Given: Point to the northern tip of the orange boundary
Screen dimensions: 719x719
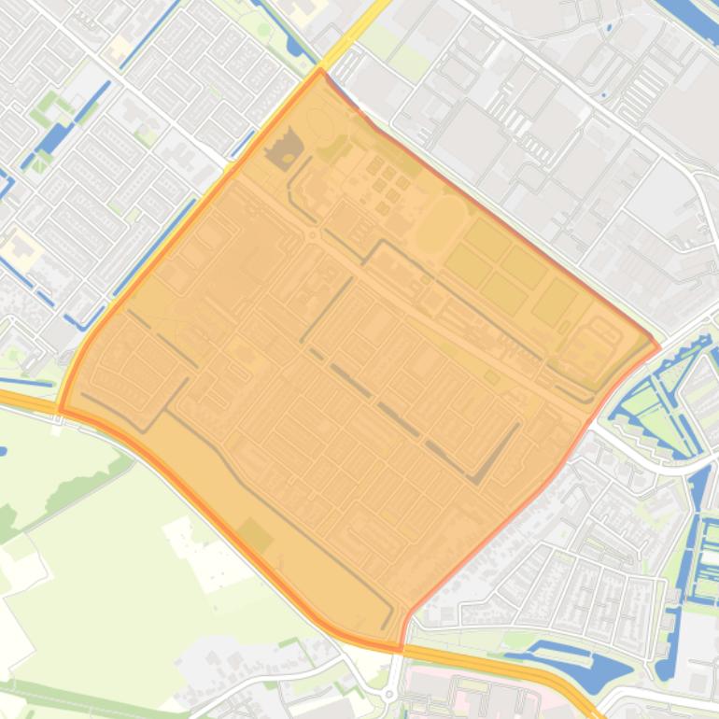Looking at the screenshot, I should pos(320,70).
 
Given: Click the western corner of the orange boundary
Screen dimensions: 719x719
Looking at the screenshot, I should pos(61,409).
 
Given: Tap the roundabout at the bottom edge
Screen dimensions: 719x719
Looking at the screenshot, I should pos(389,695).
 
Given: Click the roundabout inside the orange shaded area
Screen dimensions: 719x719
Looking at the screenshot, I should pos(311,236).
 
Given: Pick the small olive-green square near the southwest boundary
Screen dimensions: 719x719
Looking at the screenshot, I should pos(253,536).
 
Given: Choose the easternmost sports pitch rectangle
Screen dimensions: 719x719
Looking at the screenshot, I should pos(556,301).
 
